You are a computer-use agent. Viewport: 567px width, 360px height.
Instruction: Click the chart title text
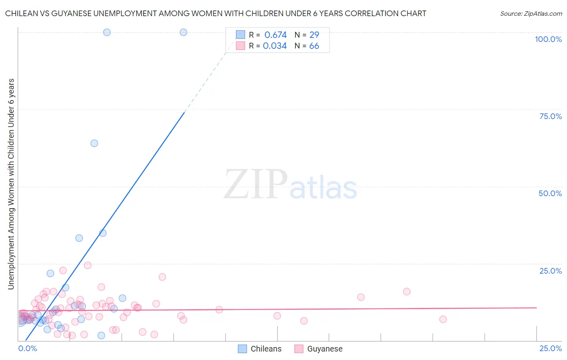click(x=215, y=13)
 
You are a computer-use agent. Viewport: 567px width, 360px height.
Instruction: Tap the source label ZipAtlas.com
click(x=531, y=13)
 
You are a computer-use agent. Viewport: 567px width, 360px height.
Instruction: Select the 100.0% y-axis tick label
click(x=548, y=39)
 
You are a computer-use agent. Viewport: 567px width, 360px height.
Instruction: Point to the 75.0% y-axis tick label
click(x=550, y=116)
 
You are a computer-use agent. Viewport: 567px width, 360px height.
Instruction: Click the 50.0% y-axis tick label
click(x=550, y=193)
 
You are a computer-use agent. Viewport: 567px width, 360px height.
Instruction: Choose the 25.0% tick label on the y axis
click(x=550, y=271)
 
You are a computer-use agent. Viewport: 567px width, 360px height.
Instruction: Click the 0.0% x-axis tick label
click(x=27, y=348)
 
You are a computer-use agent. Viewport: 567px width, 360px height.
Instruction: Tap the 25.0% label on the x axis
click(x=550, y=348)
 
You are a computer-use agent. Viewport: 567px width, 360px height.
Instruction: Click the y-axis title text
click(x=11, y=184)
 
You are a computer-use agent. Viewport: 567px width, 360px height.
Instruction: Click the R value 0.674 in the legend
click(x=275, y=35)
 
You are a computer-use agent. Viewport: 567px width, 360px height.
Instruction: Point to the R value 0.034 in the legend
click(x=275, y=46)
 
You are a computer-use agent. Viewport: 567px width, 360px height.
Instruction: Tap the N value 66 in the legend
click(x=314, y=46)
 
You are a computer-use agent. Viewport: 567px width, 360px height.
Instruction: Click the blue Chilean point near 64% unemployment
click(x=94, y=143)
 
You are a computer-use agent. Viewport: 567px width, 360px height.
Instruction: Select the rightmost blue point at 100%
click(x=183, y=32)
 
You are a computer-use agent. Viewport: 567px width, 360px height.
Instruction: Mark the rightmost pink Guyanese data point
click(x=443, y=319)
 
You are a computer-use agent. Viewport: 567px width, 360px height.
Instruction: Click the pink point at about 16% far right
click(x=407, y=291)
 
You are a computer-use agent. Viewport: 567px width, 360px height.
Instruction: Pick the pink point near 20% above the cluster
click(x=162, y=277)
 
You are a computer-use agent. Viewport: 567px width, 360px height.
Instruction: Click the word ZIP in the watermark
click(x=255, y=185)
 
